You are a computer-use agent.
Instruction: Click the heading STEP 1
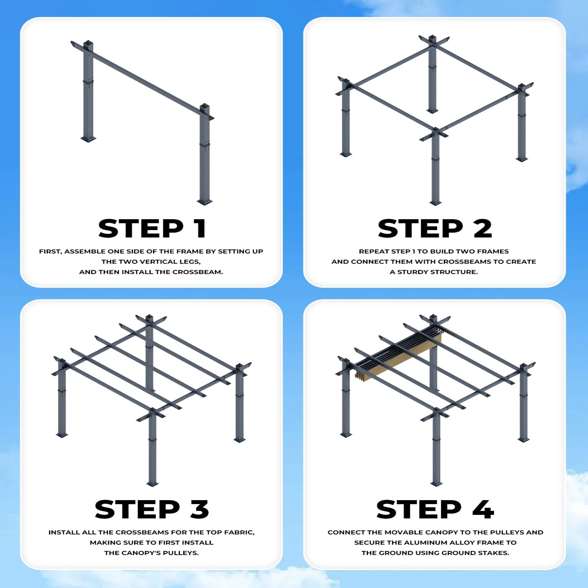pyautogui.click(x=152, y=229)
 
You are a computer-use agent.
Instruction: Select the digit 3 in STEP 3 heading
pyautogui.click(x=200, y=509)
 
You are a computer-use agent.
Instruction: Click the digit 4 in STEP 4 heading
pyautogui.click(x=483, y=509)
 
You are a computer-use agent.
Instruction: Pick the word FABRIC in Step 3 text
pyautogui.click(x=241, y=532)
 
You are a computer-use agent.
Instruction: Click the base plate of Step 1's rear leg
pyautogui.click(x=88, y=139)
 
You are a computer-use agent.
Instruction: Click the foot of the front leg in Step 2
pyautogui.click(x=435, y=203)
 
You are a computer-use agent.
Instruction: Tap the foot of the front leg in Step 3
pyautogui.click(x=152, y=484)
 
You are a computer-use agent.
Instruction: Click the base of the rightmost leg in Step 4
pyautogui.click(x=524, y=440)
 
